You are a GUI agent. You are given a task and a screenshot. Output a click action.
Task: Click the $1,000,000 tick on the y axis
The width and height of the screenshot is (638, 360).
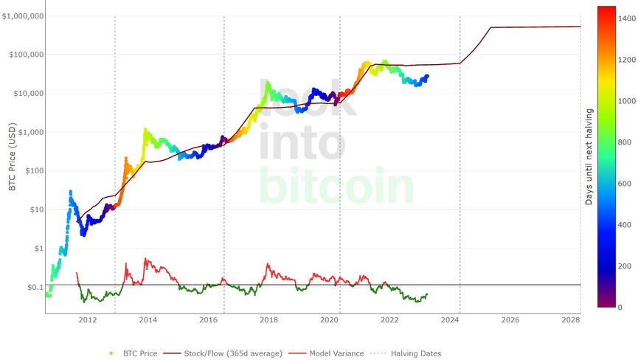click(x=23, y=16)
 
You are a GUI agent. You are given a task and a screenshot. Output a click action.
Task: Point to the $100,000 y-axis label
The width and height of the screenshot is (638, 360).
click(x=26, y=55)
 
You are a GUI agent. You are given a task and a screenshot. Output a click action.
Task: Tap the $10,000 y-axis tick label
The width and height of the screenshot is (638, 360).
click(x=28, y=94)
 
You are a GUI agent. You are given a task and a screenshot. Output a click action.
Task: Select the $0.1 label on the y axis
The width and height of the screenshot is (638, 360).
click(x=35, y=288)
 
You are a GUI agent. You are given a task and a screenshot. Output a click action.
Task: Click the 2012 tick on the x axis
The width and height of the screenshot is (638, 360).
click(x=88, y=320)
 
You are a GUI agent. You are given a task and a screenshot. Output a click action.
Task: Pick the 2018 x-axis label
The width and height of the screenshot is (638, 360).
click(x=268, y=320)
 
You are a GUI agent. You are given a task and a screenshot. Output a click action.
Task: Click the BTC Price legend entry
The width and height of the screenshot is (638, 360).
click(x=139, y=353)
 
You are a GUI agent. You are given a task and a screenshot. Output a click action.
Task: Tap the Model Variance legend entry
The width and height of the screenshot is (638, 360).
click(x=336, y=353)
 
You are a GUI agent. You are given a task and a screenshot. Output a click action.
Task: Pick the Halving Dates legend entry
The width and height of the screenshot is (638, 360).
click(x=415, y=353)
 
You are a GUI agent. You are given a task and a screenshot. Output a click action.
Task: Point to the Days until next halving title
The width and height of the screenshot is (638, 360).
click(x=589, y=157)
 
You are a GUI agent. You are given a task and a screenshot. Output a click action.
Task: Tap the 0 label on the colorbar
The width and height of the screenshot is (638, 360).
click(x=620, y=307)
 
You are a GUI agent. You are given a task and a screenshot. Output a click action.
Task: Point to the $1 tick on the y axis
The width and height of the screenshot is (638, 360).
click(x=38, y=249)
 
